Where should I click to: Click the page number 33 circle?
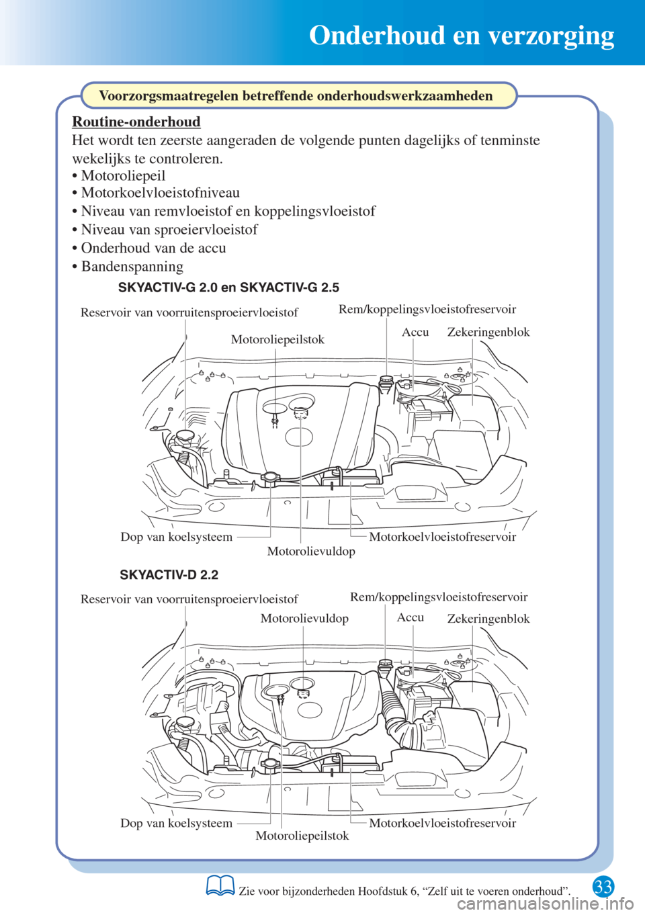603,887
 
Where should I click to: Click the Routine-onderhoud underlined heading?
136,122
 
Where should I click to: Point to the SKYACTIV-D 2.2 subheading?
169,575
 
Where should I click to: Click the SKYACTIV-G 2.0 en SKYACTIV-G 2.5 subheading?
228,288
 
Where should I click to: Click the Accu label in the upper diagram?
415,332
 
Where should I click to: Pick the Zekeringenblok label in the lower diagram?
488,619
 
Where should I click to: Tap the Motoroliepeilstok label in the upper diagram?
277,339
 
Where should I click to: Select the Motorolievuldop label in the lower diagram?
304,618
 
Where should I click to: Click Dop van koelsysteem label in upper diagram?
176,537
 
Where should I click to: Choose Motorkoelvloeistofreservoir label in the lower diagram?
443,823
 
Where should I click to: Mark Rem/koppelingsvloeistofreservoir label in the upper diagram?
427,309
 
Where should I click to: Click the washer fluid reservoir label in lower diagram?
189,599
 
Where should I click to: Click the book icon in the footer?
220,886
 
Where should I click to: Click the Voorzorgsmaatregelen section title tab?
296,95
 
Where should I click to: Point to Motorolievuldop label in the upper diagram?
311,551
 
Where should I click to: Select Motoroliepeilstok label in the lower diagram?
302,836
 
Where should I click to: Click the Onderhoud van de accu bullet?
153,248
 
